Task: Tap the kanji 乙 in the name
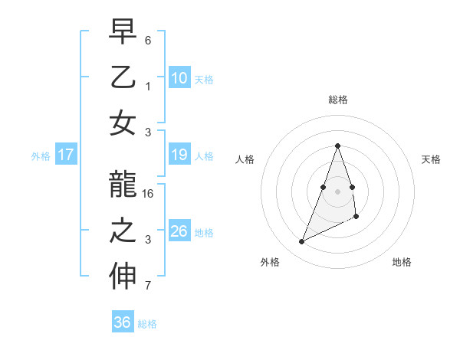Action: point(123,80)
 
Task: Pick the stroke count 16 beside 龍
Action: point(149,194)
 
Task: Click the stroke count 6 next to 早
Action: point(148,40)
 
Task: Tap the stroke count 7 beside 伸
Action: point(148,286)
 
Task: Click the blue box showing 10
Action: point(179,77)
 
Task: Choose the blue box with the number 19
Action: point(179,155)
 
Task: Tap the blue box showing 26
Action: point(179,231)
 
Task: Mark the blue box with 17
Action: point(65,155)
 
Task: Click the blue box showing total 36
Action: point(122,322)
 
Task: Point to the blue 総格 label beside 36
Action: point(148,324)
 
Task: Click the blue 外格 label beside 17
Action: point(41,156)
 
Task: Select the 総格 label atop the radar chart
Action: point(337,100)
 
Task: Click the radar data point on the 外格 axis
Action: point(302,242)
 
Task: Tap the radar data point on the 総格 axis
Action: point(337,146)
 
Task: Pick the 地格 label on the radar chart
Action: point(402,262)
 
